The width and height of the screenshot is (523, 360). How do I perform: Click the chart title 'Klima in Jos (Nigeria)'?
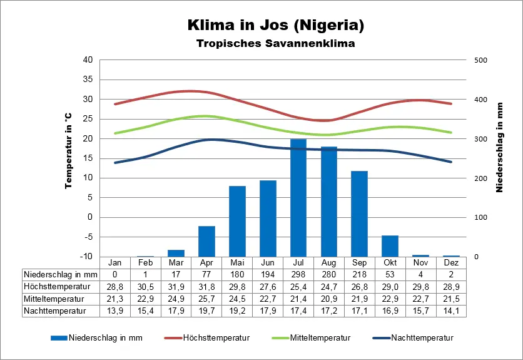tap(275, 26)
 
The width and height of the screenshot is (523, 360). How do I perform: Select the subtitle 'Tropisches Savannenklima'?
tap(275, 44)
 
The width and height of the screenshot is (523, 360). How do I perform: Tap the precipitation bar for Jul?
tap(298, 198)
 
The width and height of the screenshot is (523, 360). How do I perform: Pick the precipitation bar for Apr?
tap(206, 241)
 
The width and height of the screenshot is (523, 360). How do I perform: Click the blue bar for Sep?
tap(359, 213)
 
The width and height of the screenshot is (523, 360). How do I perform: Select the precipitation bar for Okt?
tap(390, 246)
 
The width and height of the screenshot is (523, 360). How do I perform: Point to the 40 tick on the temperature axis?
tap(88, 60)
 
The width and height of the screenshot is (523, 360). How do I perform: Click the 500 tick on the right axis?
tap(480, 60)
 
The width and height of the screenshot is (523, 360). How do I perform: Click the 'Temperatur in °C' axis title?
tap(68, 152)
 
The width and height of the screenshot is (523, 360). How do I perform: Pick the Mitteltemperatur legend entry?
tap(319, 337)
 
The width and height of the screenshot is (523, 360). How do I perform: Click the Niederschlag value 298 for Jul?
tap(298, 274)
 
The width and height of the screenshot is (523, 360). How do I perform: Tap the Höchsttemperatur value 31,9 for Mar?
tap(176, 286)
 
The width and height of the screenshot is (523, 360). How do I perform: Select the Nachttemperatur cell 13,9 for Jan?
tap(115, 310)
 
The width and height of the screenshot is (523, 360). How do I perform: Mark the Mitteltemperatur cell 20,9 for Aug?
tap(328, 298)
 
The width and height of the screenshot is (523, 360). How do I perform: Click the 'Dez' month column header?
tap(451, 262)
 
